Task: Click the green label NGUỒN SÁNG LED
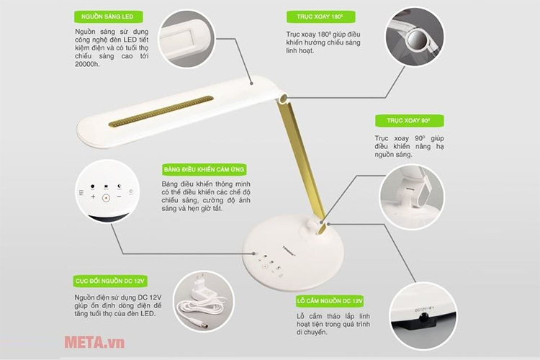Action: pos(109,17)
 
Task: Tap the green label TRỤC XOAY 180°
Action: pos(321,17)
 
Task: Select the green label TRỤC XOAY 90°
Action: pos(410,120)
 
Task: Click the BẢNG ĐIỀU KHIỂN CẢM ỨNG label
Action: pos(204,169)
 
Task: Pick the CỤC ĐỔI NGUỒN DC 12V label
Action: pos(110,281)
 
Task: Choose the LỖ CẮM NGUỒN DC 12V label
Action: pos(330,301)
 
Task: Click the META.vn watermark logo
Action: pos(94,342)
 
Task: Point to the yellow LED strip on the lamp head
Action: pos(161,112)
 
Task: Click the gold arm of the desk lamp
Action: pos(301,161)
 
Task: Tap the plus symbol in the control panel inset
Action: pos(93,197)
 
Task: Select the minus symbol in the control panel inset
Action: pos(119,197)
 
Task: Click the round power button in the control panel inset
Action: pos(106,198)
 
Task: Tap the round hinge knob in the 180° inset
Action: pos(418,39)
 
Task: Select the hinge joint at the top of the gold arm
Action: pos(283,99)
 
